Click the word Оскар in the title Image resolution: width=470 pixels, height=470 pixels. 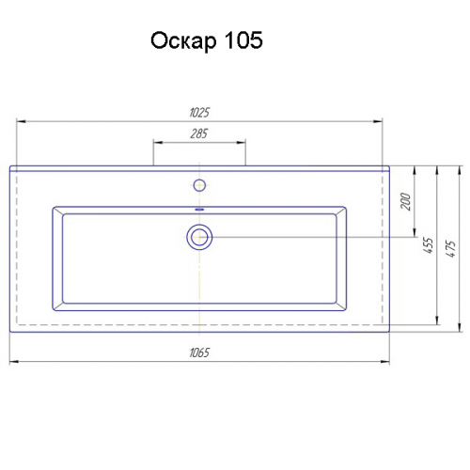click(183, 41)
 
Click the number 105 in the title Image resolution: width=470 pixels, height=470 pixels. click(243, 40)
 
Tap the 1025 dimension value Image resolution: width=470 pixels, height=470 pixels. click(199, 113)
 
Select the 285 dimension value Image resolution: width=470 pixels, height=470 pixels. click(199, 133)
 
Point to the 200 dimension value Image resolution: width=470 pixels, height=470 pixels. click(405, 201)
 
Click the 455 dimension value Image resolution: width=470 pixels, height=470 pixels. click(428, 245)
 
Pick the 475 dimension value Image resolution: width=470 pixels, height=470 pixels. click(450, 249)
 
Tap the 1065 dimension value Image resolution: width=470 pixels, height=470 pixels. click(199, 352)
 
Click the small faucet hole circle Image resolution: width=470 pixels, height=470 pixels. click(199, 185)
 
